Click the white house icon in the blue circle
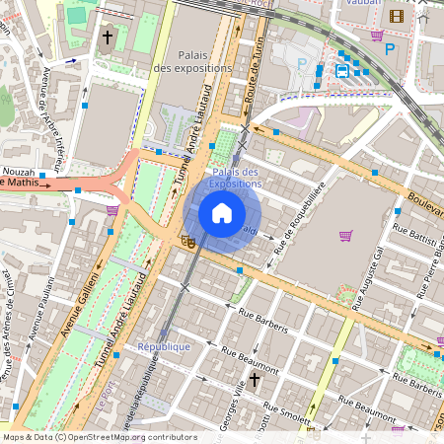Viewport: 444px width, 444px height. click(222, 212)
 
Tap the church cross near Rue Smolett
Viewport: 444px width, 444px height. click(254, 379)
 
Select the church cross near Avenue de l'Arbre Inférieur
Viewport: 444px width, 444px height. click(107, 37)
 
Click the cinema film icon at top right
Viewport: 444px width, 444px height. click(396, 16)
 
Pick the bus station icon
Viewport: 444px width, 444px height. click(341, 71)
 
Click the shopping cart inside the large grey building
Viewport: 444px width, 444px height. click(345, 235)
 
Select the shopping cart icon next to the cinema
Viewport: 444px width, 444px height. click(376, 36)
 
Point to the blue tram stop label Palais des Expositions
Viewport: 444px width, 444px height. click(235, 178)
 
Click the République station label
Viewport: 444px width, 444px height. click(163, 347)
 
